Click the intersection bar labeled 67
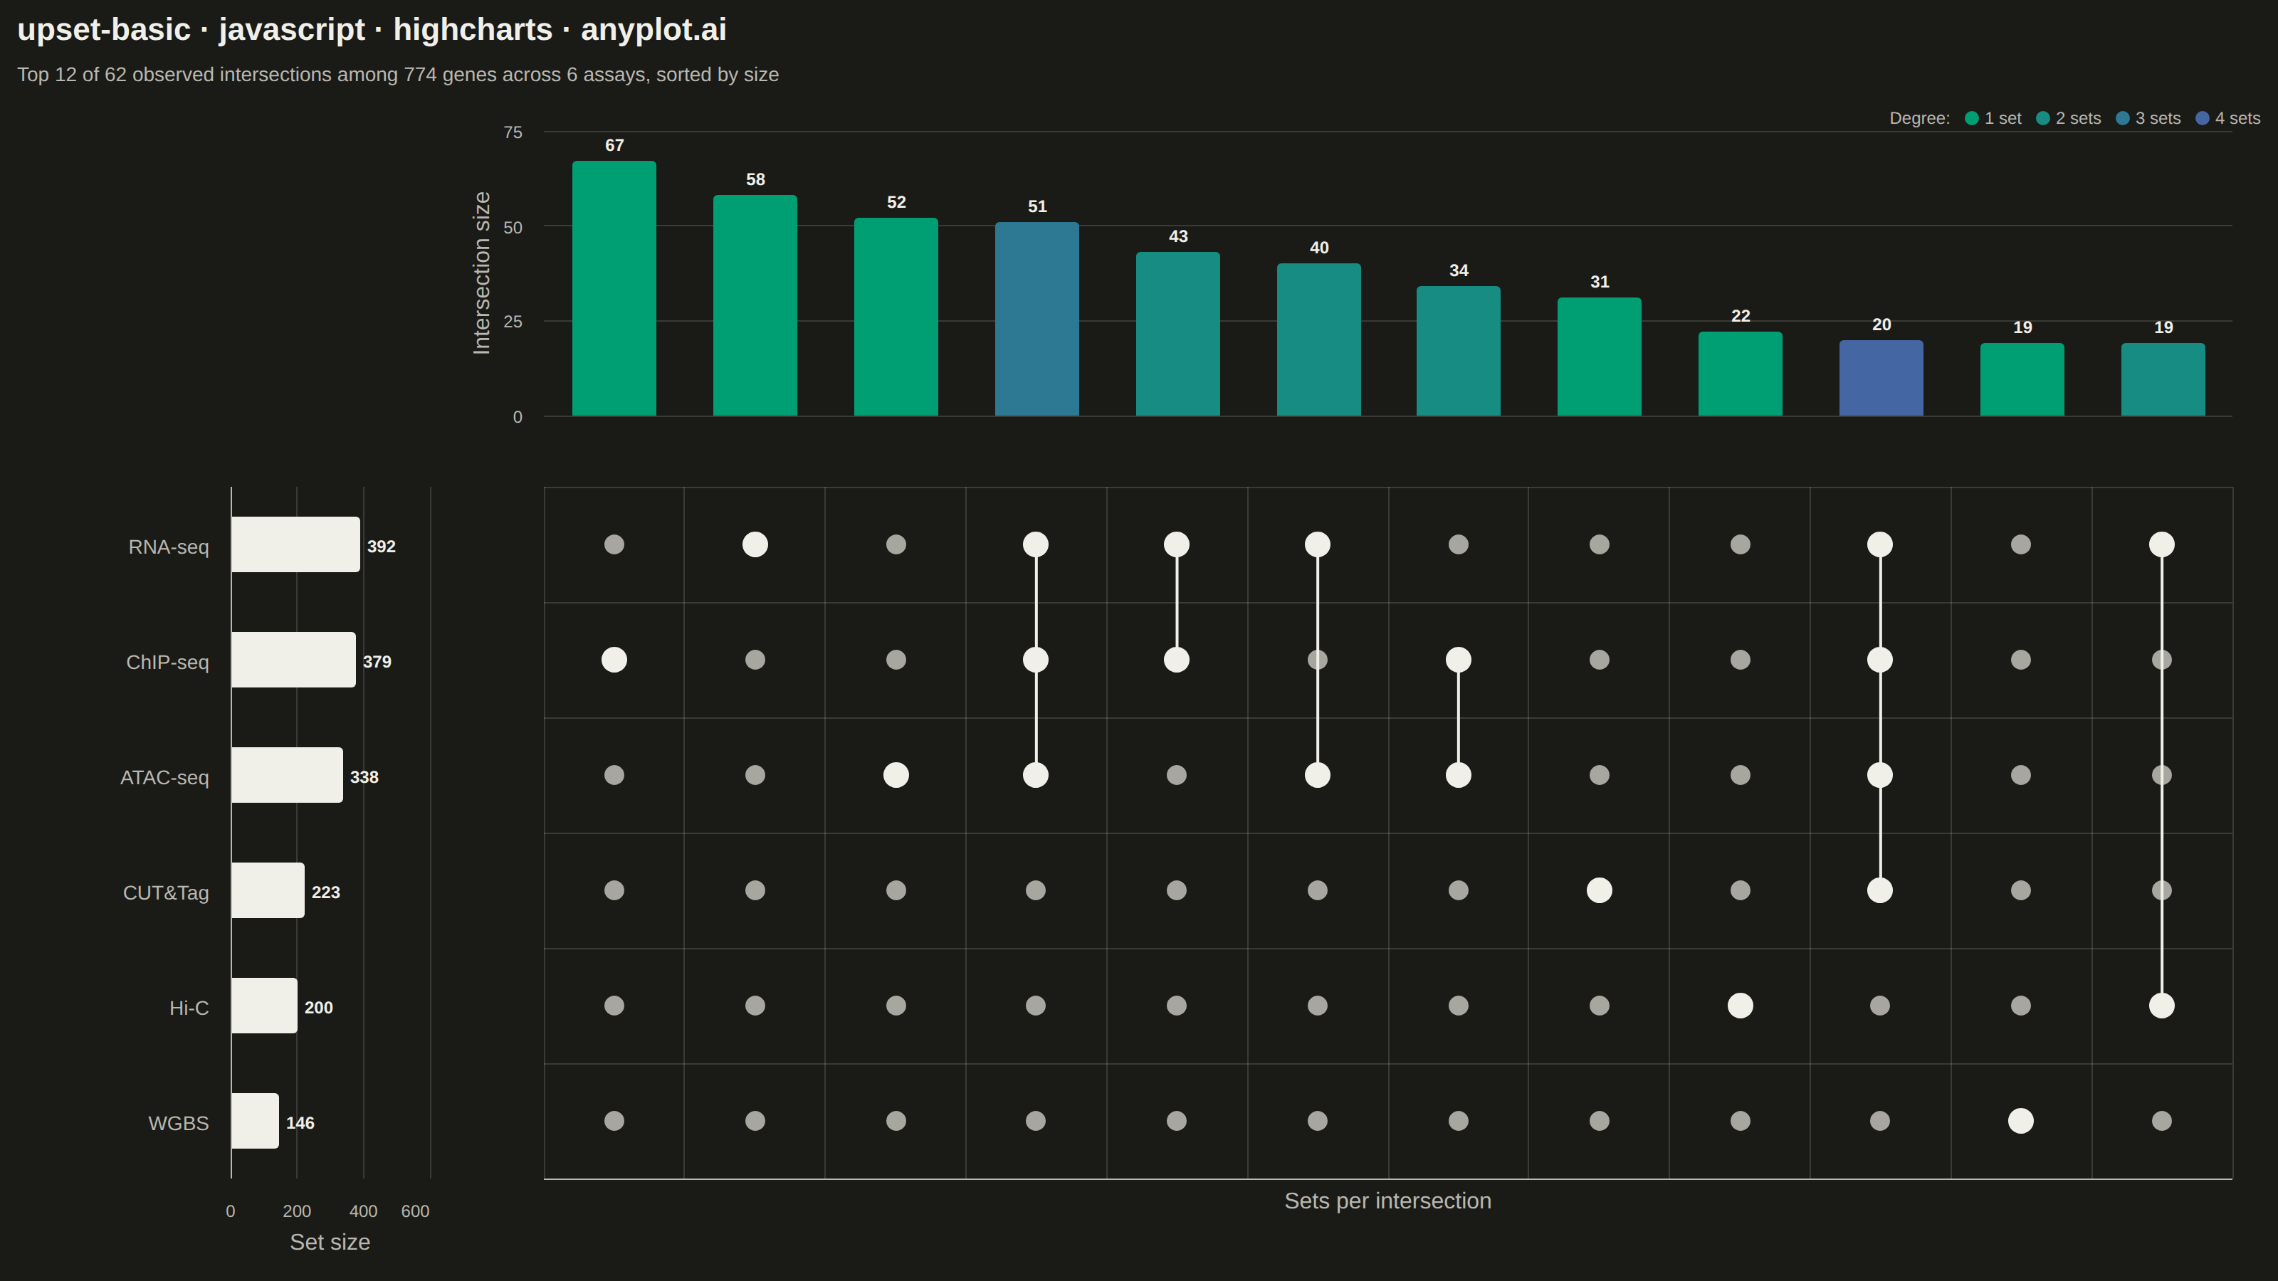(614, 288)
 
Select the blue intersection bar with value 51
(1036, 318)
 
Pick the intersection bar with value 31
(1599, 357)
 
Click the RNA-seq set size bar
(295, 544)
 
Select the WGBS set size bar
(255, 1121)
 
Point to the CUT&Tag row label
(167, 893)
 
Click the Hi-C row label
(189, 1008)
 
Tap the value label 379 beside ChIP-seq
(377, 661)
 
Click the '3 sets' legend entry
(2149, 118)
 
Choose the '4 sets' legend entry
(2228, 118)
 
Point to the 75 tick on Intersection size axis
(513, 132)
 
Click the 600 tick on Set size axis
(415, 1211)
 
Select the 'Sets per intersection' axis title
(1387, 1201)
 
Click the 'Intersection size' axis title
(482, 273)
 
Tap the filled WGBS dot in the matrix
(2021, 1121)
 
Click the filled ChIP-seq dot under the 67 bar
(614, 660)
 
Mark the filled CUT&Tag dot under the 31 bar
(1599, 890)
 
